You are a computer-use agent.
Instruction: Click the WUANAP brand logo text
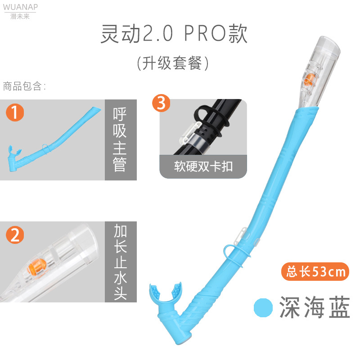[20, 7]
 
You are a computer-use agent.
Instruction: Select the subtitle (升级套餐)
[173, 63]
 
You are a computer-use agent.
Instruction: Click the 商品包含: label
[24, 86]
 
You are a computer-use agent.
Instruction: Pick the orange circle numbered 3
[162, 103]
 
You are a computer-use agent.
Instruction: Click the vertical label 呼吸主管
[120, 139]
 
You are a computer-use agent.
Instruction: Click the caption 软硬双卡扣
[203, 166]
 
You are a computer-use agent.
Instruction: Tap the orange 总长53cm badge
[315, 271]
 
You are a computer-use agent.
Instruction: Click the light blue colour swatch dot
[263, 307]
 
